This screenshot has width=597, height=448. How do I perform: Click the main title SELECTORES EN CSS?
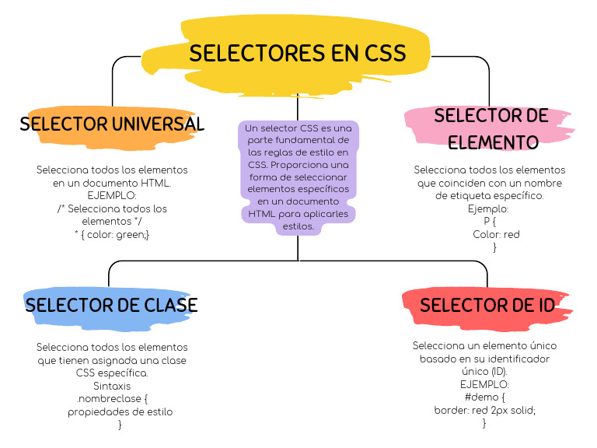(298, 53)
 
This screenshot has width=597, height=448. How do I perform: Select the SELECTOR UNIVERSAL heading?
(112, 124)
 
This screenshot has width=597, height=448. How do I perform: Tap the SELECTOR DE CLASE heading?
(112, 304)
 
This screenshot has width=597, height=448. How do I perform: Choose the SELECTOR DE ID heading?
(487, 305)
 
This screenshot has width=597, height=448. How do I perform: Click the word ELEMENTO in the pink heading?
(493, 143)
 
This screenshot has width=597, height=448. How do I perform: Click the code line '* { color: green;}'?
(112, 234)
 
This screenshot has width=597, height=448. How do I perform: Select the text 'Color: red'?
(496, 234)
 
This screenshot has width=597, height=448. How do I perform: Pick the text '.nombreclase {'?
(112, 398)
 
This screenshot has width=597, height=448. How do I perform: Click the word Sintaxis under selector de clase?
(112, 386)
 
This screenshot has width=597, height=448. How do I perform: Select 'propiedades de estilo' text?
(120, 411)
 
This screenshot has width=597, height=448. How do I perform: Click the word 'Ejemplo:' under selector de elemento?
(489, 209)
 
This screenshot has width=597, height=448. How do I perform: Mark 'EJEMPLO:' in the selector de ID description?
(484, 384)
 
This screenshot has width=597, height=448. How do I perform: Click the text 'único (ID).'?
(484, 372)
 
